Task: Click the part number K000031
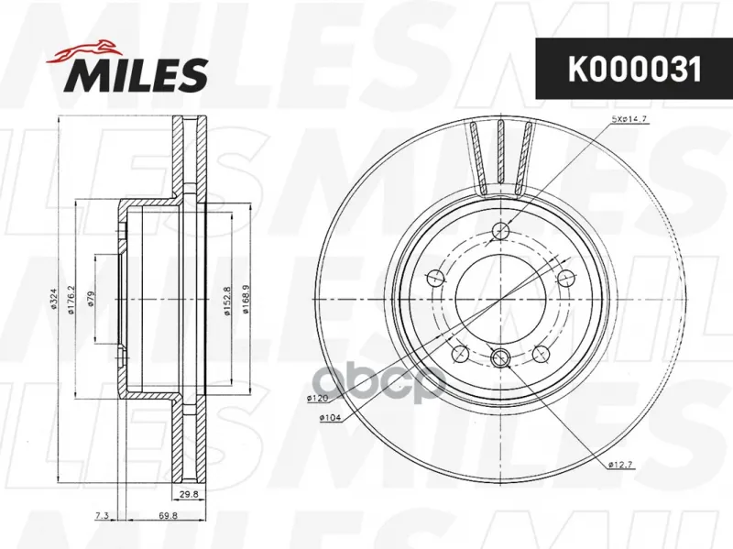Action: click(x=634, y=70)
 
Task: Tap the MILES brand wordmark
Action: click(x=139, y=74)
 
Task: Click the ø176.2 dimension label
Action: click(x=71, y=300)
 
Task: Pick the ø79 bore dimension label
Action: click(x=91, y=299)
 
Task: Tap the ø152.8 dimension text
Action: click(x=227, y=302)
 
